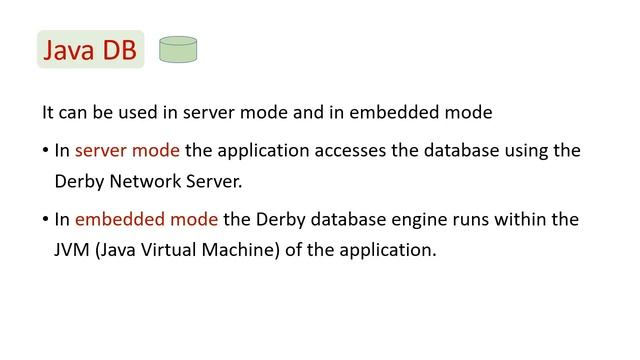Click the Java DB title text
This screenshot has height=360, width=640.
(x=91, y=49)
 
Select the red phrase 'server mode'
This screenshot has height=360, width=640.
(x=128, y=151)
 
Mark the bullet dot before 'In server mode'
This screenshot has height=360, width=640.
(x=45, y=151)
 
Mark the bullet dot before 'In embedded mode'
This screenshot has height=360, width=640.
(x=45, y=218)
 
